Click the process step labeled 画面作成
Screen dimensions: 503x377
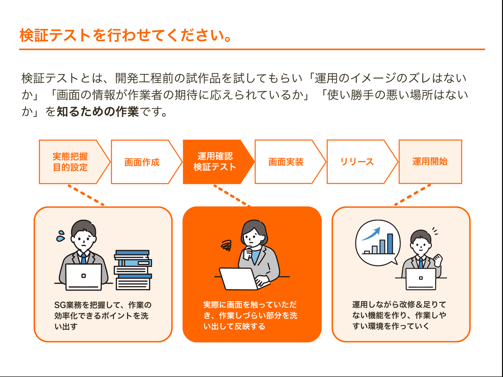click(x=142, y=162)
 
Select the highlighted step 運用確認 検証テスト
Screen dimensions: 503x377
click(x=215, y=162)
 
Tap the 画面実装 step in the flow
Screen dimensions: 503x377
click(x=286, y=162)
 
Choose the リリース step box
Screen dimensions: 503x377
click(x=357, y=162)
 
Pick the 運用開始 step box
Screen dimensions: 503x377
click(x=430, y=162)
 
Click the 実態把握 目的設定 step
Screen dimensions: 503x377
click(x=70, y=162)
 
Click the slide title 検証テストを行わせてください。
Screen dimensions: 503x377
click(x=126, y=36)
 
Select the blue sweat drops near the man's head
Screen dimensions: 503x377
click(x=61, y=235)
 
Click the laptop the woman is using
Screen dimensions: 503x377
click(x=236, y=279)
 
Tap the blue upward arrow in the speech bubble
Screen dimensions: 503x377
click(x=371, y=233)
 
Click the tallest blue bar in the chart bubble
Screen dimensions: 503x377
click(x=390, y=244)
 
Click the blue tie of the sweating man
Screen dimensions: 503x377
click(x=83, y=258)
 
